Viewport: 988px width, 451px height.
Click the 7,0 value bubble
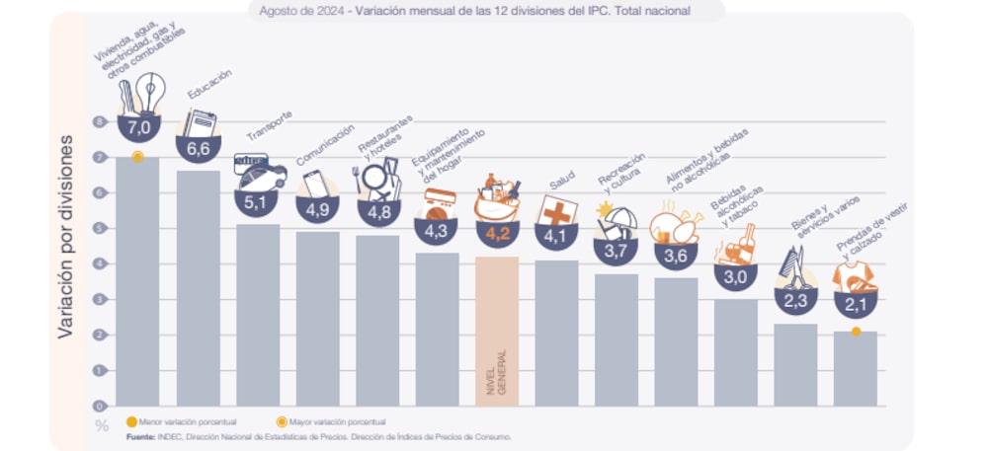137,128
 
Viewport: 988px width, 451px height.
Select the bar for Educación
198,286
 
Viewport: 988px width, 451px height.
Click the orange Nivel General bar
497,331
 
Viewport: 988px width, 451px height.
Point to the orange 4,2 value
497,235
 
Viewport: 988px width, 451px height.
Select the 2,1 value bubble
855,305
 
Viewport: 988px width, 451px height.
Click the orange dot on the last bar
856,332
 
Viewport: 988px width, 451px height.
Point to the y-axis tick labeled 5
99,228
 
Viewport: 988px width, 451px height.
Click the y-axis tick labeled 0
99,406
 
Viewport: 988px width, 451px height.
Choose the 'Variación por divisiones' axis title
66,237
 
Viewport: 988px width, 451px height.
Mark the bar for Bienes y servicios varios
795,364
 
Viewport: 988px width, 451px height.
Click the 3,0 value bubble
735,277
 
